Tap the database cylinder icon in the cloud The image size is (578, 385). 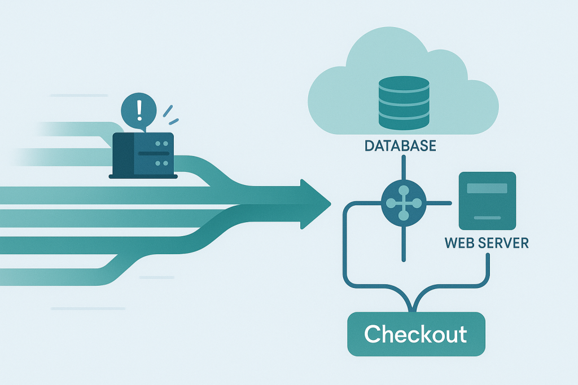pos(403,101)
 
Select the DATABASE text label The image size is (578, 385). pos(400,145)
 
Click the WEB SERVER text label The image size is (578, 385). pos(487,244)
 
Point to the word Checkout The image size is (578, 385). pos(415,334)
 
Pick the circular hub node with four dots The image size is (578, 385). pos(403,202)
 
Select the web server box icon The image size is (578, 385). pos(487,201)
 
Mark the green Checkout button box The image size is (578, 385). pos(416,334)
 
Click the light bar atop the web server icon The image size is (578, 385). pos(487,188)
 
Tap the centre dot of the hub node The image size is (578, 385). pos(403,202)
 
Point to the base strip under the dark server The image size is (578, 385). pos(143,176)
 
